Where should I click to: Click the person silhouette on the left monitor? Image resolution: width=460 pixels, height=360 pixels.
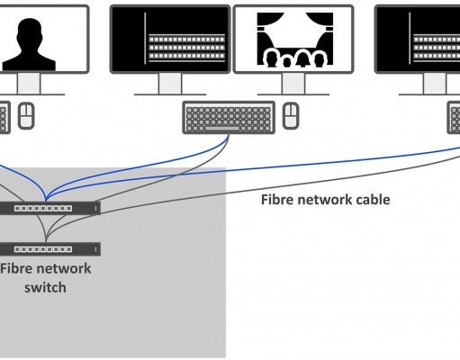(29, 44)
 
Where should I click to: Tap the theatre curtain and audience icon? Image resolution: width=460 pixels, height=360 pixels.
(295, 39)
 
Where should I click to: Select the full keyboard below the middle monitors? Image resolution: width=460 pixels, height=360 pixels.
(229, 117)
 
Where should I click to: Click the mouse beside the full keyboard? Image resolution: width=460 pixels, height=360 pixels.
(291, 116)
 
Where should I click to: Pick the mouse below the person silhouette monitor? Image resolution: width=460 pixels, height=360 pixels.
(26, 116)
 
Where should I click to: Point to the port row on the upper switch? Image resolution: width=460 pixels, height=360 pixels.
(43, 208)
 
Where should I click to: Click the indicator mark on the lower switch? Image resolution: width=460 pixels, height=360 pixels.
(95, 249)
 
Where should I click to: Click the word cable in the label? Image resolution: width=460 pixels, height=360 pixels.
(374, 200)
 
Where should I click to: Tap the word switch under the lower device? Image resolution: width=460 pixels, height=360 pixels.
(45, 287)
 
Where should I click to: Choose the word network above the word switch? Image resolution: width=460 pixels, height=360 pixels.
(63, 268)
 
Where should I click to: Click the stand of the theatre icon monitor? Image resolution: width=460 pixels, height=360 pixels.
(293, 85)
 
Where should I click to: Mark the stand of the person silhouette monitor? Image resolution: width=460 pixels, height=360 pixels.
(29, 85)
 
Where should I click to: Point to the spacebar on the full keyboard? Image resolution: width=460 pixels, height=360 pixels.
(222, 129)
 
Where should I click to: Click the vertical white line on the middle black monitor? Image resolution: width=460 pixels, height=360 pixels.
(146, 38)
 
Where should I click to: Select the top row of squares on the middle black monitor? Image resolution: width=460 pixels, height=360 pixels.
(186, 40)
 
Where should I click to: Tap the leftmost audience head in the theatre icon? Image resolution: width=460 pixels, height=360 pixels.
(271, 58)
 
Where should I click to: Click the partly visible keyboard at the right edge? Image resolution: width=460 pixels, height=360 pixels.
(454, 117)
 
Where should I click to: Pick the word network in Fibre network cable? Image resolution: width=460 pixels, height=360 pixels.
(325, 200)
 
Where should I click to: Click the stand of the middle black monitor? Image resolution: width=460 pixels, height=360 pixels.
(170, 85)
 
